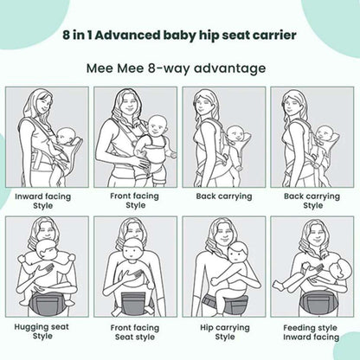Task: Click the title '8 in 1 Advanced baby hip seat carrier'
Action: point(180,37)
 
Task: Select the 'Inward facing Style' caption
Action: point(43,202)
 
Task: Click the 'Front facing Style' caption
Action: point(135,201)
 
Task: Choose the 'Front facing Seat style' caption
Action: point(135,331)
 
